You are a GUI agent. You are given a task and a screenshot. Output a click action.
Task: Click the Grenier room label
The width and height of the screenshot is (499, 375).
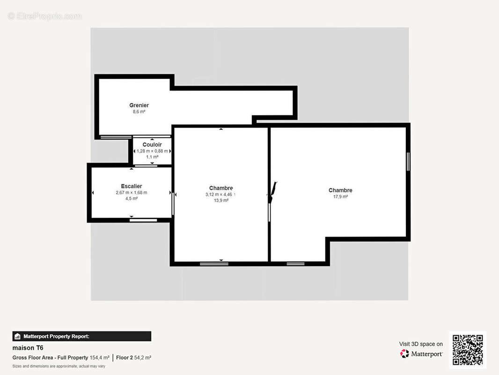click(x=139, y=105)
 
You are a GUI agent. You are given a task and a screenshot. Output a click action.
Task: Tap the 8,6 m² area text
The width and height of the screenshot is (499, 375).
click(x=139, y=112)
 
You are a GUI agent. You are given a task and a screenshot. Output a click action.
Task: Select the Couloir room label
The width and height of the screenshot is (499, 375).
click(x=152, y=145)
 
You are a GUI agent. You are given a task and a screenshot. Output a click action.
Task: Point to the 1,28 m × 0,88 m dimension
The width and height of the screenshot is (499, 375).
click(x=152, y=151)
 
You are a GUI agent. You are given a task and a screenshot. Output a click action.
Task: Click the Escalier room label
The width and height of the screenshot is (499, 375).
click(x=132, y=186)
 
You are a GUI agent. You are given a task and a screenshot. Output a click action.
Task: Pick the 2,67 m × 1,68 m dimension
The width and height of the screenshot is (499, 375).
click(x=132, y=193)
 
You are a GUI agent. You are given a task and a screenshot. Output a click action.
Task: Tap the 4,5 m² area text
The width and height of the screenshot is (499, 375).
click(x=132, y=198)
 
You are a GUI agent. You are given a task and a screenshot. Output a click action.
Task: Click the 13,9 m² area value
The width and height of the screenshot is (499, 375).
click(x=221, y=201)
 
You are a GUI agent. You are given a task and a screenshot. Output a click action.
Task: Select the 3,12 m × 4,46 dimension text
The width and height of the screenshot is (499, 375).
click(x=219, y=195)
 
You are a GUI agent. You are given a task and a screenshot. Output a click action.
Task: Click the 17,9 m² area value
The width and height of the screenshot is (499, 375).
click(x=340, y=196)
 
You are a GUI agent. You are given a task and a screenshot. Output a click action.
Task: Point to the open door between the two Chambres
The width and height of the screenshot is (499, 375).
click(x=272, y=192)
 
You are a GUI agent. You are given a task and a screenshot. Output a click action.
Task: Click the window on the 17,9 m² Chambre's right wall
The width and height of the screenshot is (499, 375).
click(x=408, y=162)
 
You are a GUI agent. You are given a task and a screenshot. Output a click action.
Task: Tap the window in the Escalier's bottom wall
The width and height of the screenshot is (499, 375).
click(x=143, y=220)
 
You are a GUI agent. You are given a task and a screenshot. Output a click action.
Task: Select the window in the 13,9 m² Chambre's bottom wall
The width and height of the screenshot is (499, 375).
click(x=210, y=264)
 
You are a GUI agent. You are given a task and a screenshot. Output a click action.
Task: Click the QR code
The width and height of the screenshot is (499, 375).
click(x=468, y=350)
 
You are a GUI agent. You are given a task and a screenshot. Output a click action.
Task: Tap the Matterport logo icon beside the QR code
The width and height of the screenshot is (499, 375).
click(x=404, y=353)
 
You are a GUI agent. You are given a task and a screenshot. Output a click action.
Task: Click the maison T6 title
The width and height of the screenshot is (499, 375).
click(x=28, y=348)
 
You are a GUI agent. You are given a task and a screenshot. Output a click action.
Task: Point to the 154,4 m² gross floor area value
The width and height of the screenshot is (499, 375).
click(x=100, y=358)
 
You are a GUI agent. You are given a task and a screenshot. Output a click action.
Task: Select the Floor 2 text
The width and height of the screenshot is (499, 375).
click(x=125, y=358)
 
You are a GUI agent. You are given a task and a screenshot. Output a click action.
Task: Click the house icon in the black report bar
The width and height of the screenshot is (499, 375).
click(x=17, y=336)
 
